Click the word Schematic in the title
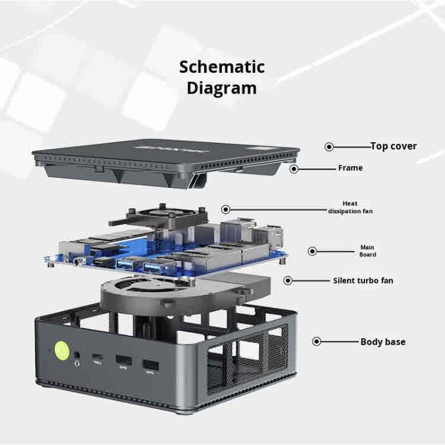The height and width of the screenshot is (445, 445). pyautogui.click(x=222, y=67)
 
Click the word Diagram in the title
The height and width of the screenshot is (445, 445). pyautogui.click(x=222, y=88)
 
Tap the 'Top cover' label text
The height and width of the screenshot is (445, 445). pyautogui.click(x=393, y=146)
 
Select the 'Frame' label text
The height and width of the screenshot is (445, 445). pyautogui.click(x=350, y=167)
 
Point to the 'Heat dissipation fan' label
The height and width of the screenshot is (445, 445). pyautogui.click(x=350, y=207)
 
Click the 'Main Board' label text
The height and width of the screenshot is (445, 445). pyautogui.click(x=367, y=251)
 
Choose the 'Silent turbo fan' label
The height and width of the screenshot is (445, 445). pyautogui.click(x=363, y=280)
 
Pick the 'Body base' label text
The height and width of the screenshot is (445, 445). pyautogui.click(x=383, y=342)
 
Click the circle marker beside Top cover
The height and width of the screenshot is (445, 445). pyautogui.click(x=329, y=147)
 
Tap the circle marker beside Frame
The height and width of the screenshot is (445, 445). pyautogui.click(x=294, y=168)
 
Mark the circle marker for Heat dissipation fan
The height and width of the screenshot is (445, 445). pyautogui.click(x=226, y=210)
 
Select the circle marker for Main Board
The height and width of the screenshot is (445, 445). pyautogui.click(x=313, y=251)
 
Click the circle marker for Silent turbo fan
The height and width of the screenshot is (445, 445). pyautogui.click(x=288, y=281)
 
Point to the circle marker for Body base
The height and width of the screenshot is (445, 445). pyautogui.click(x=317, y=342)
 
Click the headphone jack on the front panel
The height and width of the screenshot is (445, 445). pyautogui.click(x=77, y=356)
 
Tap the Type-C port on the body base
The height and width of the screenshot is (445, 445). pyautogui.click(x=98, y=357)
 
